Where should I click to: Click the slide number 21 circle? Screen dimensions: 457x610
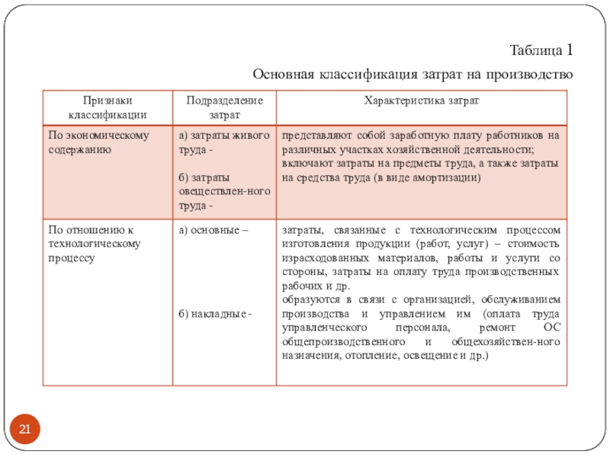pos(24,431)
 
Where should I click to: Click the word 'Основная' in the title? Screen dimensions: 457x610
pos(280,75)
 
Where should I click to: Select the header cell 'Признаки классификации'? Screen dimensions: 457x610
pos(108,107)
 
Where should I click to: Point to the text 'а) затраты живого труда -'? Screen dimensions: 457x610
pos(223,142)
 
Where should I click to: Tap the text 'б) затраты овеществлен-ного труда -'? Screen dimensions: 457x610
pos(223,191)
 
